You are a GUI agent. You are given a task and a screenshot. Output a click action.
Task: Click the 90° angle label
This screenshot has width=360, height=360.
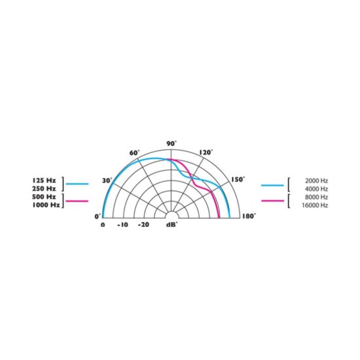[171, 143]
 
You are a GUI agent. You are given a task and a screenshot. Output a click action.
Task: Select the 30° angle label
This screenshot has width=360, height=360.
[107, 180]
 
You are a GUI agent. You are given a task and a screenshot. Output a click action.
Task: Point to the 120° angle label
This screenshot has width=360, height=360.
[206, 153]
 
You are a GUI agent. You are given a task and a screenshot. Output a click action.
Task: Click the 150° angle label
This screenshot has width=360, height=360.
[237, 179]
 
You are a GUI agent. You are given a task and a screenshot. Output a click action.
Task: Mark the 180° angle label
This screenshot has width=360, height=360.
[249, 216]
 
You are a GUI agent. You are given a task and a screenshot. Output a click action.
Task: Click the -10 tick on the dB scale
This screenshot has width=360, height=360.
[122, 225]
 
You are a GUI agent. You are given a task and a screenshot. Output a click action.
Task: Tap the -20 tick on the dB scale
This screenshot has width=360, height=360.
[143, 225]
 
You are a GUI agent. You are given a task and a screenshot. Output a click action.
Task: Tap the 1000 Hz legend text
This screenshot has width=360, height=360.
[45, 206]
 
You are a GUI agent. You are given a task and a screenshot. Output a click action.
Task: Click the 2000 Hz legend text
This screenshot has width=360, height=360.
[317, 180]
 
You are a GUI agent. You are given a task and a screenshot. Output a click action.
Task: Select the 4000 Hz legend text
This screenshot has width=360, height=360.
[317, 189]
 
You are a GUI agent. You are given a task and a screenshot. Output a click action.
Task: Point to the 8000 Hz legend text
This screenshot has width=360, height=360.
[317, 197]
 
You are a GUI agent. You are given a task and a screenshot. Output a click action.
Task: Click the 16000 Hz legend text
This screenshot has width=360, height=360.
[315, 206]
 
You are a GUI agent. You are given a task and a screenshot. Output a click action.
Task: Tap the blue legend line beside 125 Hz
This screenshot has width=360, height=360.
[77, 185]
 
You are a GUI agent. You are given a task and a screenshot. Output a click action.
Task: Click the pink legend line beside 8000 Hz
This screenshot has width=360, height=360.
[272, 201]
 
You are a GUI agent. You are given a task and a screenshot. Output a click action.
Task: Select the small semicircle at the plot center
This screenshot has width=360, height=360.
[171, 215]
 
